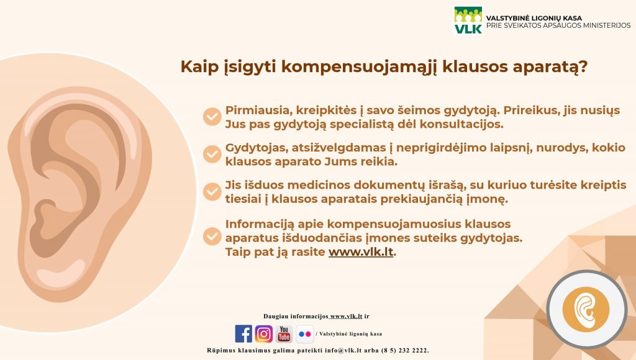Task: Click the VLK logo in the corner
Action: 468,20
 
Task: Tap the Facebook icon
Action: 243,334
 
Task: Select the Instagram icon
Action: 263,334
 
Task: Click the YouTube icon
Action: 284,334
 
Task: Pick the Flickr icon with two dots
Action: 304,334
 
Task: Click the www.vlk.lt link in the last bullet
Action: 361,252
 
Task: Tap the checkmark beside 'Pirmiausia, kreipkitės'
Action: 212,117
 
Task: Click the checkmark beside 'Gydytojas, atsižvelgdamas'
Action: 212,154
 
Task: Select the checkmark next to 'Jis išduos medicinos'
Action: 212,191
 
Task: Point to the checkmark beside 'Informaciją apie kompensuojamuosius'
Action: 212,236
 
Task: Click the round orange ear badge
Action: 586,309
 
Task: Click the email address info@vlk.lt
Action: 343,350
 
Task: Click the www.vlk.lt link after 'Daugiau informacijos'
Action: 346,316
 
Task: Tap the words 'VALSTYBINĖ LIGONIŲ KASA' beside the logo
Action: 534,18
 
